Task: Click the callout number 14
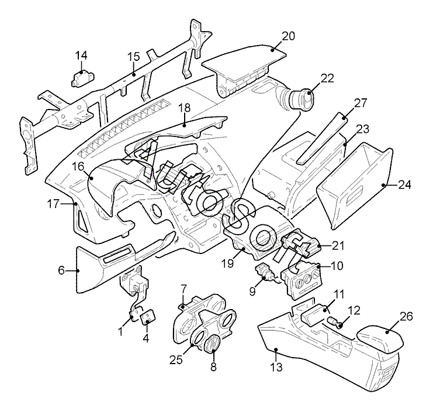click(81, 56)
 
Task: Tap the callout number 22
click(327, 78)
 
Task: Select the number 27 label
click(361, 102)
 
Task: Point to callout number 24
click(404, 184)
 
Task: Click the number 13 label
click(276, 367)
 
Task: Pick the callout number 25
click(176, 360)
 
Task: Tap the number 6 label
click(61, 270)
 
